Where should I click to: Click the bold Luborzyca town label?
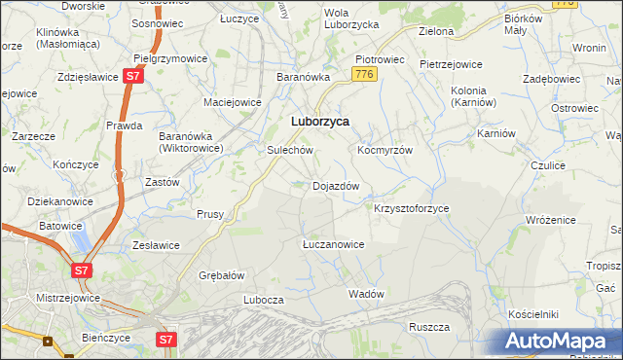pos(321,122)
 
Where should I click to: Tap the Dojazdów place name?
pos(336,186)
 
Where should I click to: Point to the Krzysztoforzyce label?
pos(412,209)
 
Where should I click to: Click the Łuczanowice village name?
pos(333,245)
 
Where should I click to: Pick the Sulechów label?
pos(289,152)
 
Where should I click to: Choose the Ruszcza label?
pos(427,327)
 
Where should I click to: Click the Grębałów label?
pos(221,275)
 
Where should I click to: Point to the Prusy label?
pos(210,214)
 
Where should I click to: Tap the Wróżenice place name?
pos(551,221)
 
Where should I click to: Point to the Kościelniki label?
pos(532,315)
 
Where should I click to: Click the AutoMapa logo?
pos(558,342)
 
